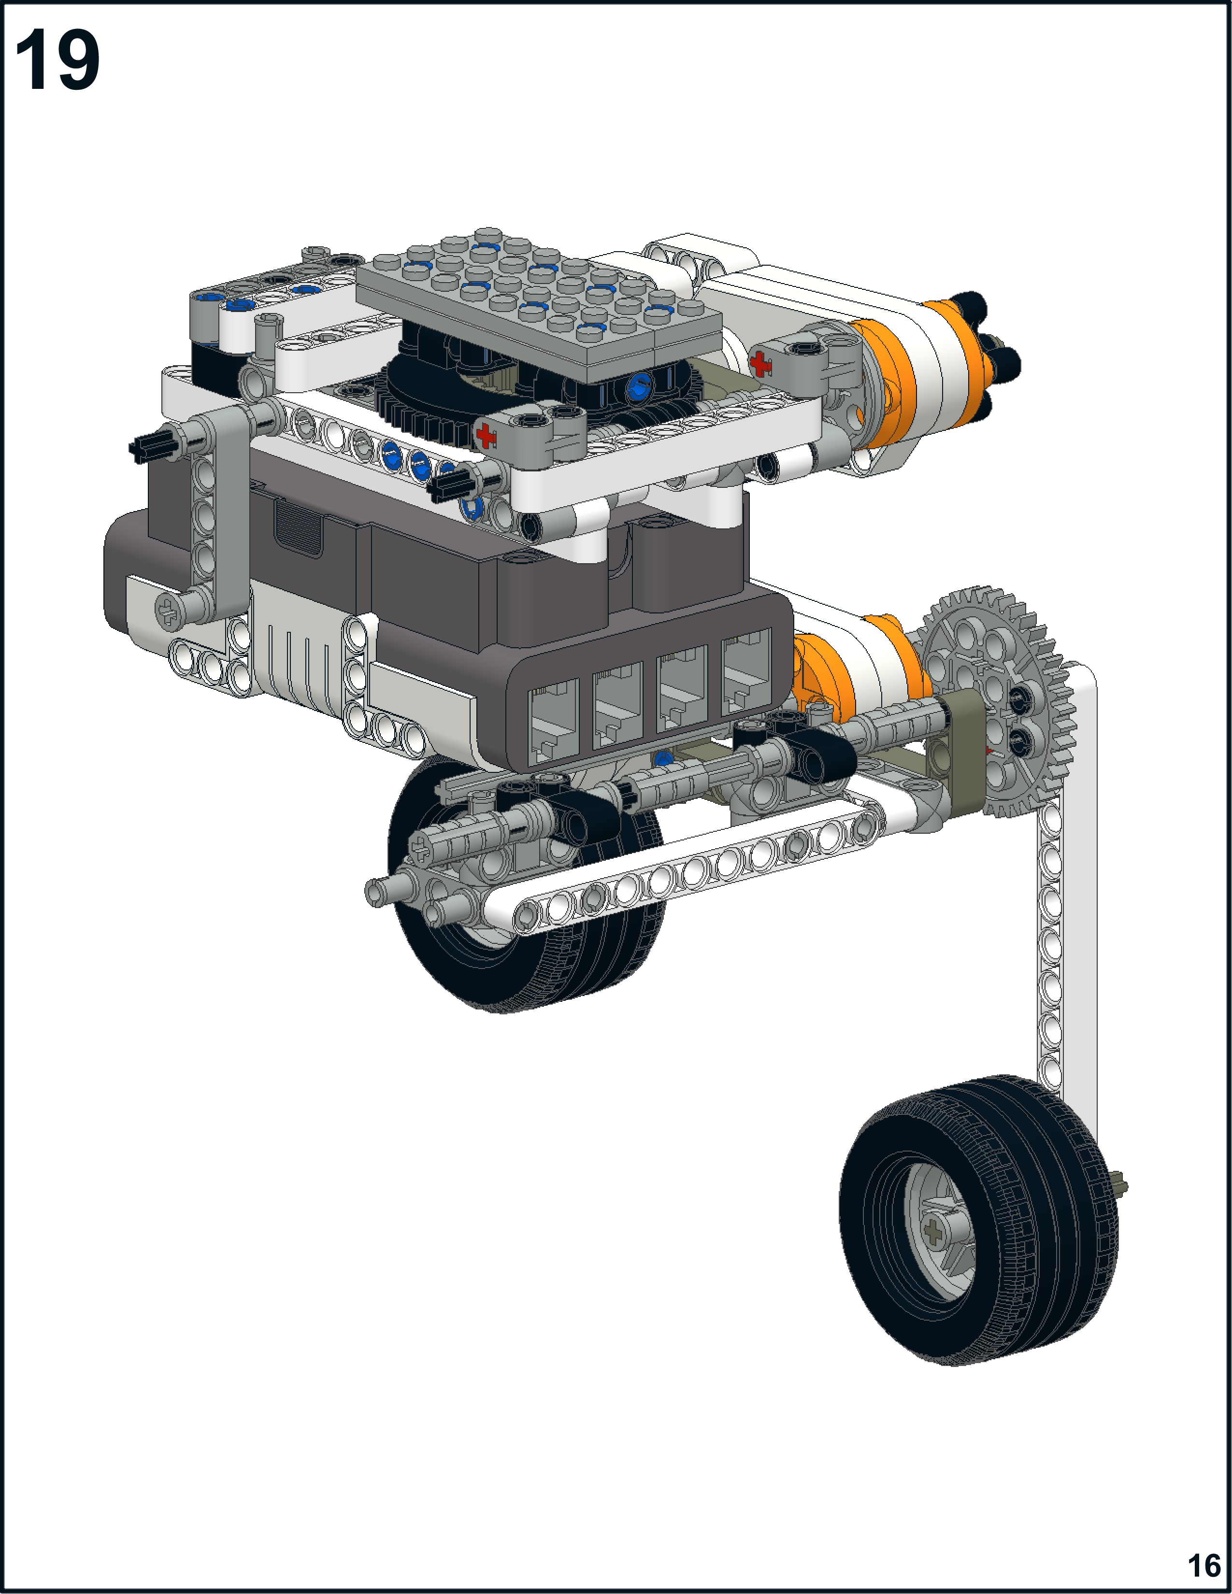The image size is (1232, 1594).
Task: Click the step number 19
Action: [57, 61]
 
